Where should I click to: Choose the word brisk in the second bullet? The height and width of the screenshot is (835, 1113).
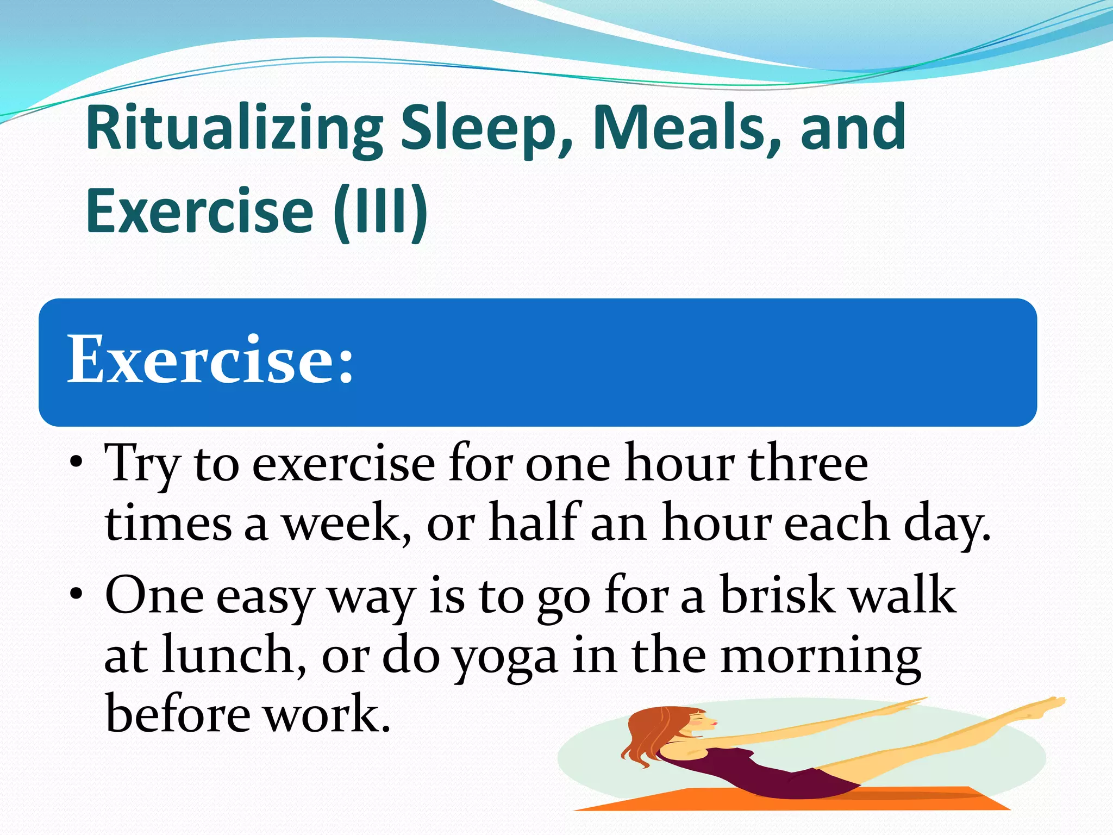coord(777,595)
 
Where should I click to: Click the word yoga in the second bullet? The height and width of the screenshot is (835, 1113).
coord(505,658)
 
